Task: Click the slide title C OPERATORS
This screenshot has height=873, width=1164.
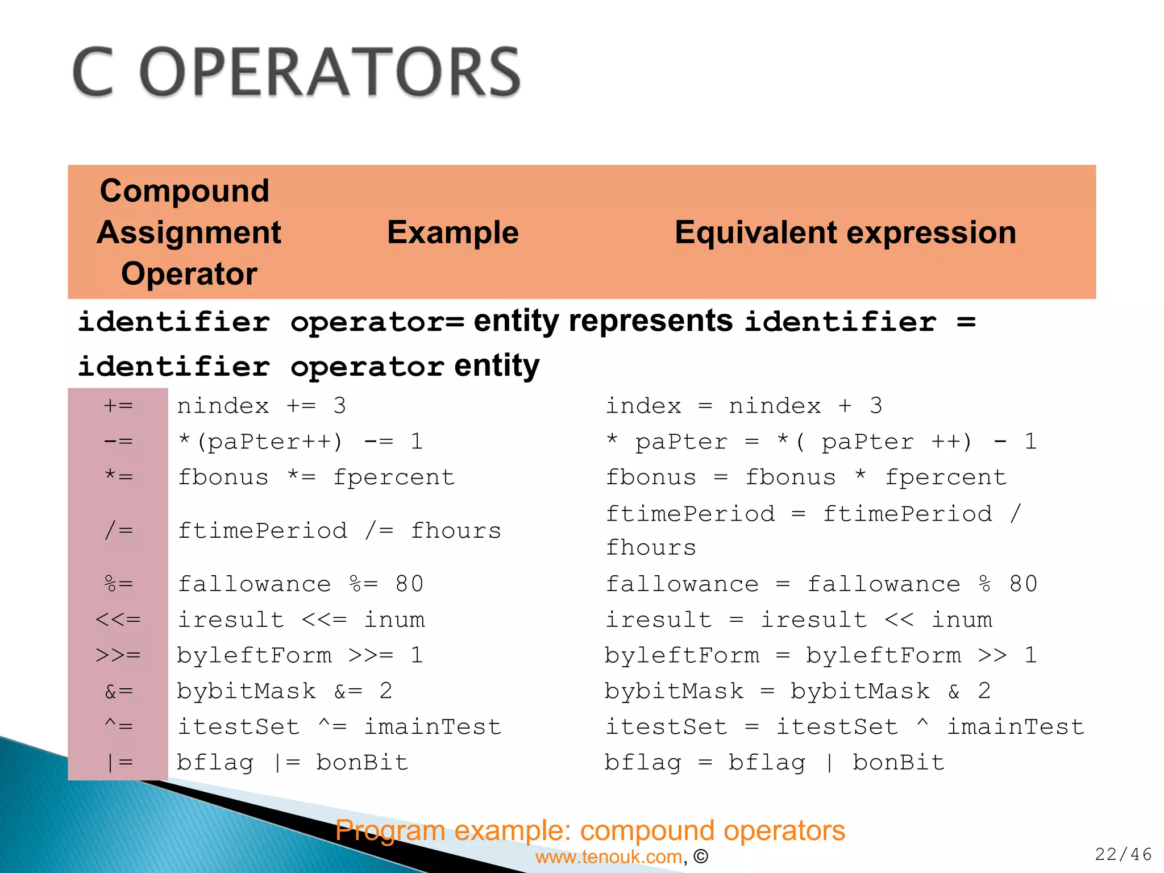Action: click(x=297, y=73)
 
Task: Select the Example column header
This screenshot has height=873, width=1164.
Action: click(x=452, y=232)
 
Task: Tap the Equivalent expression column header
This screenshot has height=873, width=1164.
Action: click(x=845, y=232)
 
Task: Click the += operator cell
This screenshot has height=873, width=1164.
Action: click(x=118, y=406)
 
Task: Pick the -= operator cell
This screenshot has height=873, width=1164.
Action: click(x=118, y=442)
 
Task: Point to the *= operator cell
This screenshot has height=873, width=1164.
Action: click(x=118, y=477)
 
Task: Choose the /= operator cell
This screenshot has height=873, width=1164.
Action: click(x=118, y=531)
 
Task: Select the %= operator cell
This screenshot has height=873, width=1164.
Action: click(x=118, y=584)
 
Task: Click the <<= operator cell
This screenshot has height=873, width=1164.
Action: click(x=118, y=620)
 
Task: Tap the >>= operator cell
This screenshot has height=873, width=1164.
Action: click(x=118, y=655)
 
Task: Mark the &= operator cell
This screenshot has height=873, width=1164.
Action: click(x=118, y=691)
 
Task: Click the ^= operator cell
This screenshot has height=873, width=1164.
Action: click(x=118, y=726)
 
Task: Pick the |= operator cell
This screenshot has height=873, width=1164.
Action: click(x=118, y=763)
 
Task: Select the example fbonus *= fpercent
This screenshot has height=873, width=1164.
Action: click(x=316, y=477)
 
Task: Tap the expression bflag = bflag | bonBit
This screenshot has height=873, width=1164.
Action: click(x=774, y=763)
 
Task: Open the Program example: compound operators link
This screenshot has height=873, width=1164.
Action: click(x=590, y=830)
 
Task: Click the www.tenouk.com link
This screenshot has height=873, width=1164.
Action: click(x=609, y=857)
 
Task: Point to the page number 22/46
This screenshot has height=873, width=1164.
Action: click(x=1123, y=854)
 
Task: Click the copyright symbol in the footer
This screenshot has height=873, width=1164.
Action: click(x=701, y=857)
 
